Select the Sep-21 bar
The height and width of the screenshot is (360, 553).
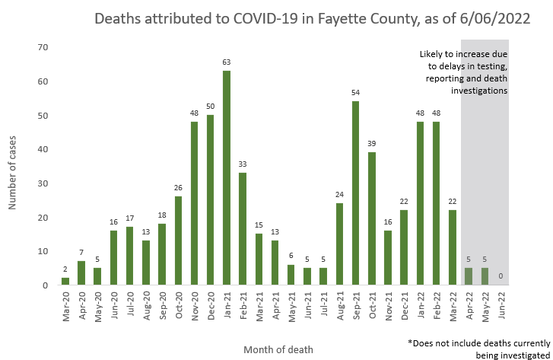tap(355, 193)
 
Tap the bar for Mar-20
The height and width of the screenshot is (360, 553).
tap(65, 282)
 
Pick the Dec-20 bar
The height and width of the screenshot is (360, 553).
tap(211, 200)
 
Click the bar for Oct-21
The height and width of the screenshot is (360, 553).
tap(372, 218)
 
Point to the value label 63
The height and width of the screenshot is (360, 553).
tap(227, 64)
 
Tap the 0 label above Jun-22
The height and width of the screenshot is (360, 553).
tap(501, 276)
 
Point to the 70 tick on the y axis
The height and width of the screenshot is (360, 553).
tap(43, 48)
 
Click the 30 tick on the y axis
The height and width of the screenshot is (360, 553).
tap(43, 183)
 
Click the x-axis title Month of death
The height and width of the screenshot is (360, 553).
tap(278, 349)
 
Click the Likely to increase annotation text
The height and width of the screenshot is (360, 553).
tap(463, 72)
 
